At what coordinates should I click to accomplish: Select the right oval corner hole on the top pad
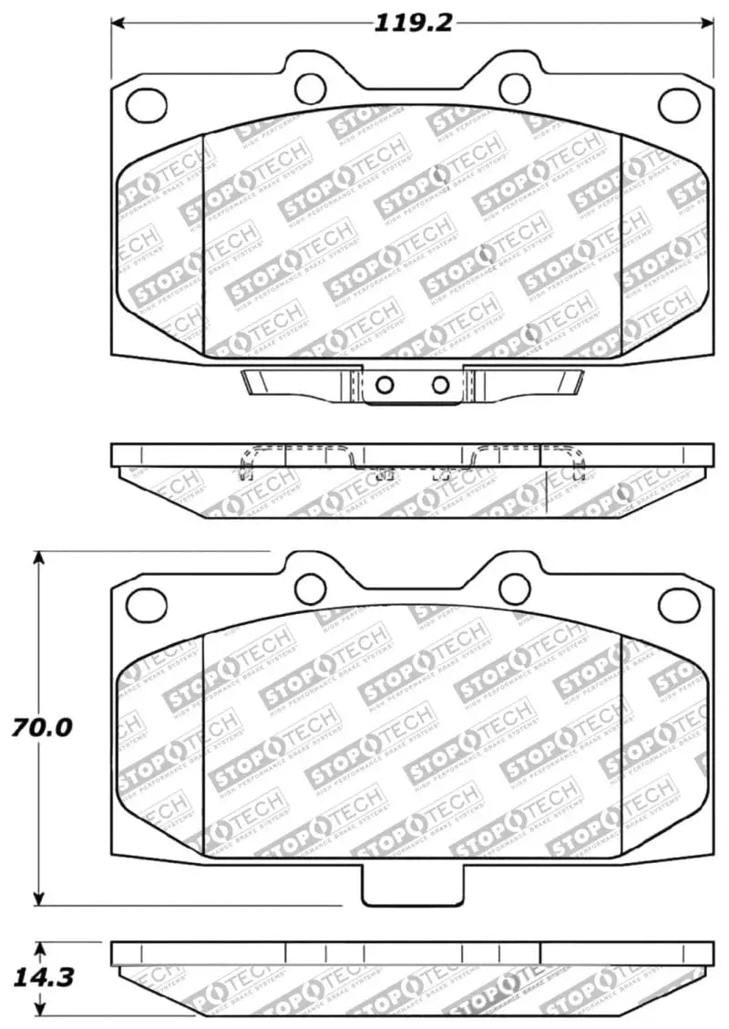coord(678,105)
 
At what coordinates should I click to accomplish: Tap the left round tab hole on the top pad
coord(311,87)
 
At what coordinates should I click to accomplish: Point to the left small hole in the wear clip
coord(385,383)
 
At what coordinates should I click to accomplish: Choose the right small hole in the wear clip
coord(440,383)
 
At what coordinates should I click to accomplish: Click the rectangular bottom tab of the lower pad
coord(413,885)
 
